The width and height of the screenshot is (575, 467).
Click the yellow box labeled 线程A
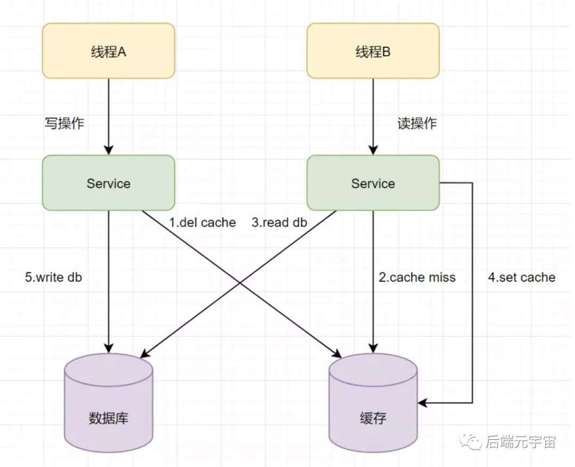pyautogui.click(x=109, y=51)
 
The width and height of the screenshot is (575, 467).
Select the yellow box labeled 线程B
pyautogui.click(x=373, y=51)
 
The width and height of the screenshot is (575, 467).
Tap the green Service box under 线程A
pyautogui.click(x=109, y=183)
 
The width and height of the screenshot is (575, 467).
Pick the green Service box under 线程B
pyautogui.click(x=373, y=183)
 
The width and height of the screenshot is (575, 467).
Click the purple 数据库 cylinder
pyautogui.click(x=109, y=403)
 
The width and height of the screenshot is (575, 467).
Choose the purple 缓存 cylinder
pyautogui.click(x=373, y=403)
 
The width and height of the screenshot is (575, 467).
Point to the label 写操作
pyautogui.click(x=64, y=123)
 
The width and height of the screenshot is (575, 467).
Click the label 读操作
pyautogui.click(x=417, y=123)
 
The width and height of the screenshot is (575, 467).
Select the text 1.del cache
pyautogui.click(x=202, y=222)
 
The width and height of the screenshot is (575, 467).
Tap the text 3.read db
pyautogui.click(x=280, y=222)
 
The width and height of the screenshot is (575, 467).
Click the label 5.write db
pyautogui.click(x=54, y=277)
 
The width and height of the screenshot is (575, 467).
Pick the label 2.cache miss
pyautogui.click(x=417, y=277)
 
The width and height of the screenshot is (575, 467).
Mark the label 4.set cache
pyautogui.click(x=521, y=277)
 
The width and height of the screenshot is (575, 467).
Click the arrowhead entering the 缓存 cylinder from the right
pyautogui.click(x=422, y=403)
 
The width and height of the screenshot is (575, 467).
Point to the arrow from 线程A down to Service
pyautogui.click(x=109, y=117)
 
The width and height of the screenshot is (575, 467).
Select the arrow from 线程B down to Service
pyautogui.click(x=373, y=117)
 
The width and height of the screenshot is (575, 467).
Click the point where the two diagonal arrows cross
pyautogui.click(x=240, y=283)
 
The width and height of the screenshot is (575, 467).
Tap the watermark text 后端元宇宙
pyautogui.click(x=521, y=441)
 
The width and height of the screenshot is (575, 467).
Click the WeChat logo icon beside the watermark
pyautogui.click(x=471, y=441)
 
